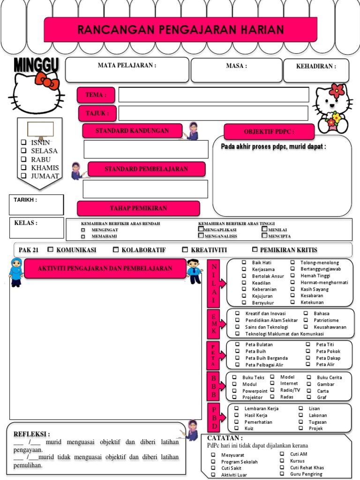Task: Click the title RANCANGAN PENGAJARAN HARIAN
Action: point(180,30)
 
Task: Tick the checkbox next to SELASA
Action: point(23,151)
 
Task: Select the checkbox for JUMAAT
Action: point(23,176)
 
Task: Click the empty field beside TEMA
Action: point(214,94)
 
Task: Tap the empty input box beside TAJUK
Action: point(213,113)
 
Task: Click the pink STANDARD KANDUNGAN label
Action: point(132,131)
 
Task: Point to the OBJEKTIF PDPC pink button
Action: point(269,132)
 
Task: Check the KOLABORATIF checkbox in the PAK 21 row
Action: point(116,250)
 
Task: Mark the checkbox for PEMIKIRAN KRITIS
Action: point(255,250)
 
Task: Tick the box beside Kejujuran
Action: point(244,296)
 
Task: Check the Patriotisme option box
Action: point(306,320)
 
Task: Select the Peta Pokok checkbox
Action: point(308,351)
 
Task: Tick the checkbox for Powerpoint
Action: point(234,390)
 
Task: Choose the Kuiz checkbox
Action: point(236,428)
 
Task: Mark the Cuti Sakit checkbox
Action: point(213,468)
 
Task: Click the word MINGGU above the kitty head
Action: point(36,65)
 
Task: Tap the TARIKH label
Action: point(25,200)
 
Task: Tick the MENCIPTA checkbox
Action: point(264,236)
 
